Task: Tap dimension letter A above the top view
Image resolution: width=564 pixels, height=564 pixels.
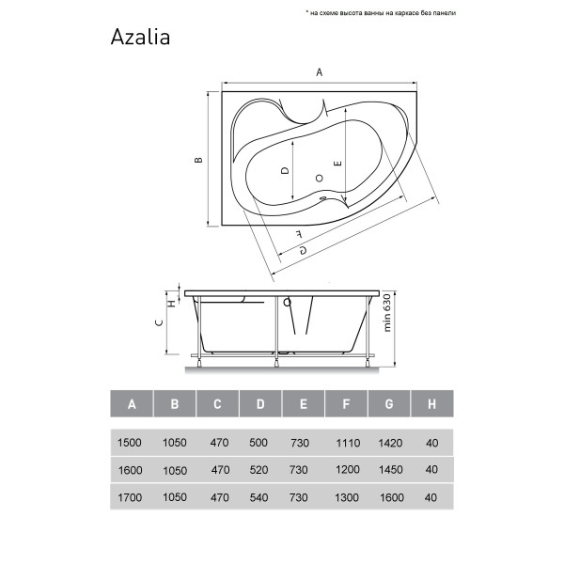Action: pyautogui.click(x=320, y=72)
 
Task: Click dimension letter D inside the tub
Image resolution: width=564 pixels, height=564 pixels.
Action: pyautogui.click(x=284, y=171)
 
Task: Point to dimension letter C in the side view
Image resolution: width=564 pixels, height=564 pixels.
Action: pyautogui.click(x=161, y=322)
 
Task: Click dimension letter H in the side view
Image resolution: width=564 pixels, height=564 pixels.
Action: pyautogui.click(x=171, y=302)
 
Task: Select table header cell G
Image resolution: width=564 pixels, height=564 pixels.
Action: pyautogui.click(x=388, y=405)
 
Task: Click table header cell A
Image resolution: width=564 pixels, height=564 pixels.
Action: pyautogui.click(x=133, y=405)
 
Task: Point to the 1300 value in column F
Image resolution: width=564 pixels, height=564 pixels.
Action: pyautogui.click(x=346, y=498)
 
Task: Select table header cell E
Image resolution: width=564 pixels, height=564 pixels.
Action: pyautogui.click(x=303, y=405)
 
